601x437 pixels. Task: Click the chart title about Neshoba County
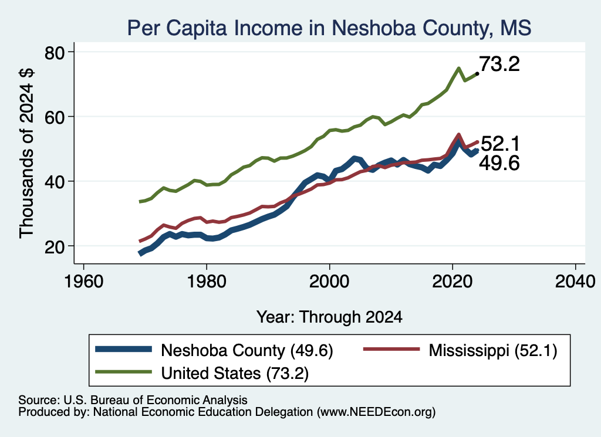[x=329, y=28]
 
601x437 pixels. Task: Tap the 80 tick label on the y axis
[x=55, y=53]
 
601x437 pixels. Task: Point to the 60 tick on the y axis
[x=55, y=117]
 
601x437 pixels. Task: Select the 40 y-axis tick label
[x=55, y=182]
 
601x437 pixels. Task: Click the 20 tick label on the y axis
[x=55, y=246]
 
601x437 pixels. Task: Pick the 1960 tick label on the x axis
[x=83, y=282]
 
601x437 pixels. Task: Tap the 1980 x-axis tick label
[x=207, y=282]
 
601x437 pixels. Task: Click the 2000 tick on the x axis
[x=329, y=282]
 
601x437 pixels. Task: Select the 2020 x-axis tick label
[x=453, y=282]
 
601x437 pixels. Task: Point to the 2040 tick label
[x=575, y=282]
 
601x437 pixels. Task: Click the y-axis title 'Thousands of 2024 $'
[x=26, y=153]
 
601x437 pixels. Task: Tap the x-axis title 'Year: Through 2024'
[x=329, y=317]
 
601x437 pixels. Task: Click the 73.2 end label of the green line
[x=499, y=64]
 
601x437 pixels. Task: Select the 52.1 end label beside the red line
[x=500, y=144]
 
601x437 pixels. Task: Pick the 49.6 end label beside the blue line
[x=499, y=163]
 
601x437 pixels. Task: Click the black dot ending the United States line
[x=477, y=73]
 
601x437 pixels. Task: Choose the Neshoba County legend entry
[x=214, y=350]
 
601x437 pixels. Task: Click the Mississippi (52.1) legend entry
[x=460, y=350]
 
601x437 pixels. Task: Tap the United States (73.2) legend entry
[x=202, y=372]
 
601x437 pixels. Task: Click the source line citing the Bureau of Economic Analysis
[x=133, y=400]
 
